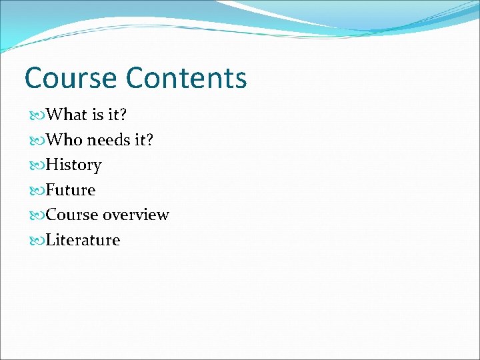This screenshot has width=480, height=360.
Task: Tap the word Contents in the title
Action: point(186,78)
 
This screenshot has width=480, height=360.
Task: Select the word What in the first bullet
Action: point(67,115)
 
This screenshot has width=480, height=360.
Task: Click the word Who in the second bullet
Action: point(65,140)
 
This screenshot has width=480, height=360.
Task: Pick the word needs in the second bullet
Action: point(108,140)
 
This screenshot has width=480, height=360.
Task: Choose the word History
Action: point(73,165)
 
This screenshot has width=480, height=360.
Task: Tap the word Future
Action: point(71,190)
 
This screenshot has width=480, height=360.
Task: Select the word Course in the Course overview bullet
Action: point(71,215)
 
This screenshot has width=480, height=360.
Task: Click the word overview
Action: point(136,215)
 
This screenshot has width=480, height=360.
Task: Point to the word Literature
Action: point(83,240)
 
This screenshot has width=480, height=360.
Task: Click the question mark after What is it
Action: point(123,115)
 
